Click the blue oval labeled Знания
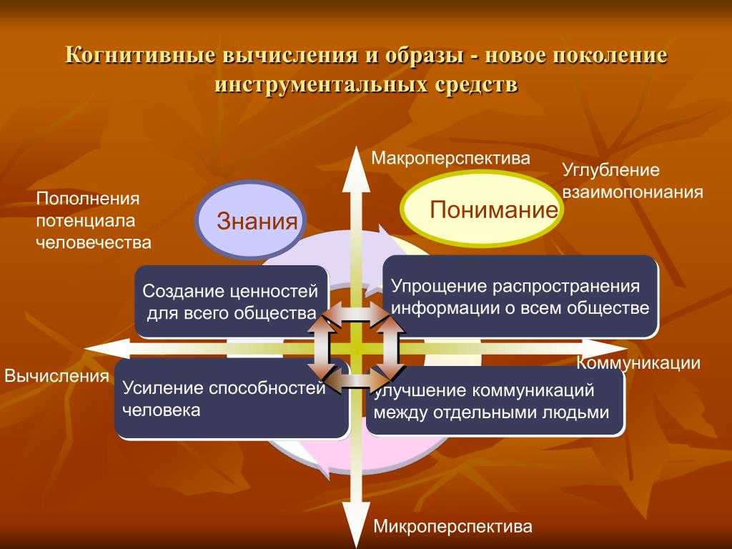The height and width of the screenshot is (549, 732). click(250, 219)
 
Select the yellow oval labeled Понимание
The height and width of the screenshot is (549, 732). click(482, 208)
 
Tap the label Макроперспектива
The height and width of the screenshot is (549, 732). click(450, 159)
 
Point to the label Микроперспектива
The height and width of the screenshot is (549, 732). click(452, 527)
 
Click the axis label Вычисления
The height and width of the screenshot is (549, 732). click(56, 376)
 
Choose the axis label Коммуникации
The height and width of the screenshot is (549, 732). click(638, 363)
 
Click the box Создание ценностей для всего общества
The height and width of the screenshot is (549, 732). click(232, 301)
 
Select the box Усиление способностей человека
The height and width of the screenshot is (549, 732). click(232, 398)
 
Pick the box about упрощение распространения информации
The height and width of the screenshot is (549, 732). click(520, 297)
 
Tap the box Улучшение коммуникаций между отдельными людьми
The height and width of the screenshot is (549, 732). click(495, 401)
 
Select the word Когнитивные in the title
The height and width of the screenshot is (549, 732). click(141, 55)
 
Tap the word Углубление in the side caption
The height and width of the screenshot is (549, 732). click(610, 170)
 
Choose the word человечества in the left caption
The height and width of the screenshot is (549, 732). click(94, 243)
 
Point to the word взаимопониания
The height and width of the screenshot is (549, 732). click(633, 192)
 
